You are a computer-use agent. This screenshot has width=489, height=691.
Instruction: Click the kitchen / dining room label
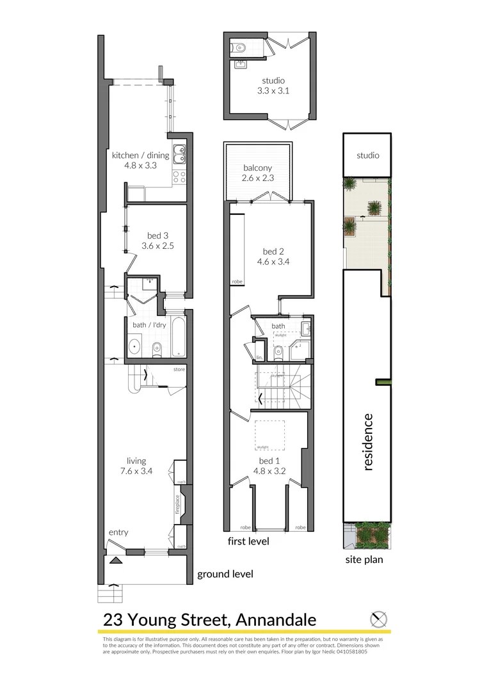click(140, 155)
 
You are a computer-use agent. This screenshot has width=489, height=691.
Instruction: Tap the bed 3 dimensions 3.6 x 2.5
click(157, 245)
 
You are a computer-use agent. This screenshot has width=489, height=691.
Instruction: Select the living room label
click(136, 461)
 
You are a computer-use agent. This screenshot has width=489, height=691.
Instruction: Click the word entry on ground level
click(118, 532)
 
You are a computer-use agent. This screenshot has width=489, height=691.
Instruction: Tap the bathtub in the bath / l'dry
click(177, 337)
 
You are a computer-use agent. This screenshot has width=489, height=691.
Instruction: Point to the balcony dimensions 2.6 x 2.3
click(258, 178)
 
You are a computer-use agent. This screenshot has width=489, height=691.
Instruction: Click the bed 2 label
click(272, 251)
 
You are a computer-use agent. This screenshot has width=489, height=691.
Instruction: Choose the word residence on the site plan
click(367, 442)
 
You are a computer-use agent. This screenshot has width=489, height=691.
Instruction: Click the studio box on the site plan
click(367, 155)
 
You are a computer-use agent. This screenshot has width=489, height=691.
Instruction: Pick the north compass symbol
click(379, 619)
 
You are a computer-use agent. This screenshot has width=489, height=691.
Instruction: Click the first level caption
click(248, 541)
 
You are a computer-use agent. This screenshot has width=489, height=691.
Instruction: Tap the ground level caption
click(225, 574)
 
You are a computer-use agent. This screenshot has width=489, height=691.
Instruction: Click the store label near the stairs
click(179, 370)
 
